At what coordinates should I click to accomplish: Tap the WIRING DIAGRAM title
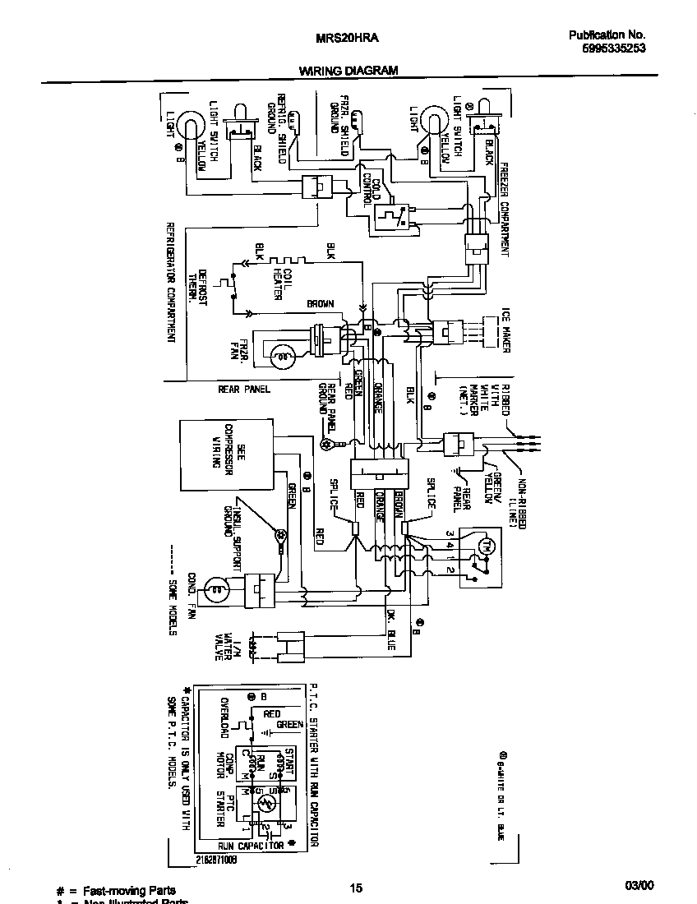pos(348,71)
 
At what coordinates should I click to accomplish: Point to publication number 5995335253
pos(609,48)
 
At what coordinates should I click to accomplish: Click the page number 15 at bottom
pos(355,888)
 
